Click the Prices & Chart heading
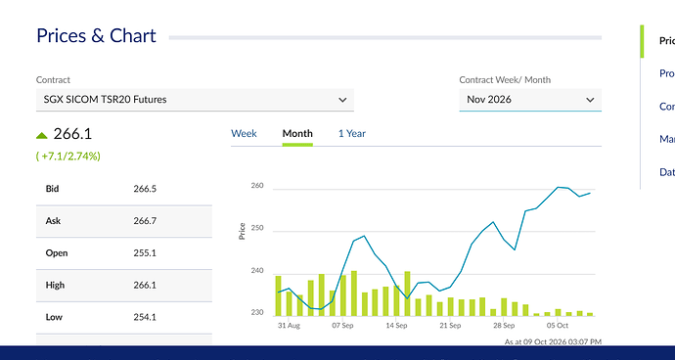click(x=96, y=35)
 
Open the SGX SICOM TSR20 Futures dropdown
click(x=195, y=100)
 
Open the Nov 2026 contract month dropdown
click(x=530, y=100)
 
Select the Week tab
click(x=244, y=133)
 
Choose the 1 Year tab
click(x=352, y=133)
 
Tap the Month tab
click(x=297, y=133)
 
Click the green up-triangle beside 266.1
click(x=42, y=136)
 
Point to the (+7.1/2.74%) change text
click(x=68, y=156)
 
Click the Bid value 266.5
click(x=145, y=189)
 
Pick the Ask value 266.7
click(x=145, y=221)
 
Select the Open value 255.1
click(x=145, y=252)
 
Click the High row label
click(x=55, y=285)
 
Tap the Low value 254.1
click(x=145, y=317)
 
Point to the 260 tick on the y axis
click(x=257, y=186)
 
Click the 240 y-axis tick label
click(x=257, y=271)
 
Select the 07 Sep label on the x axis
click(x=342, y=326)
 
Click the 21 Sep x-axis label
click(x=450, y=326)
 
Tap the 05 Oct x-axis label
click(x=558, y=326)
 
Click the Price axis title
click(x=242, y=231)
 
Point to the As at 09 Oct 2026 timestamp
click(x=553, y=342)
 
